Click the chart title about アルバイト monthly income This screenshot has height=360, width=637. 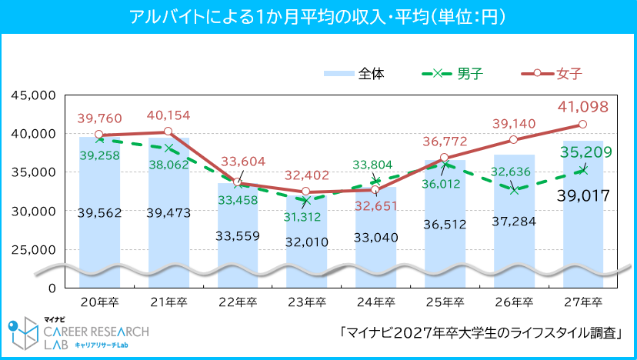click(x=318, y=16)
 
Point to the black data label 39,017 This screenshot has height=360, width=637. click(x=582, y=197)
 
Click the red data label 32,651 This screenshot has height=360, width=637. click(x=375, y=205)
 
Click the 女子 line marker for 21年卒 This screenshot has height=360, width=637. click(x=168, y=132)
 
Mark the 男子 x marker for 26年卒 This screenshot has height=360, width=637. click(x=514, y=189)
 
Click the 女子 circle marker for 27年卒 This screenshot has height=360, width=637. click(x=582, y=124)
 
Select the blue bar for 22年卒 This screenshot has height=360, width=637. click(x=237, y=223)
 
